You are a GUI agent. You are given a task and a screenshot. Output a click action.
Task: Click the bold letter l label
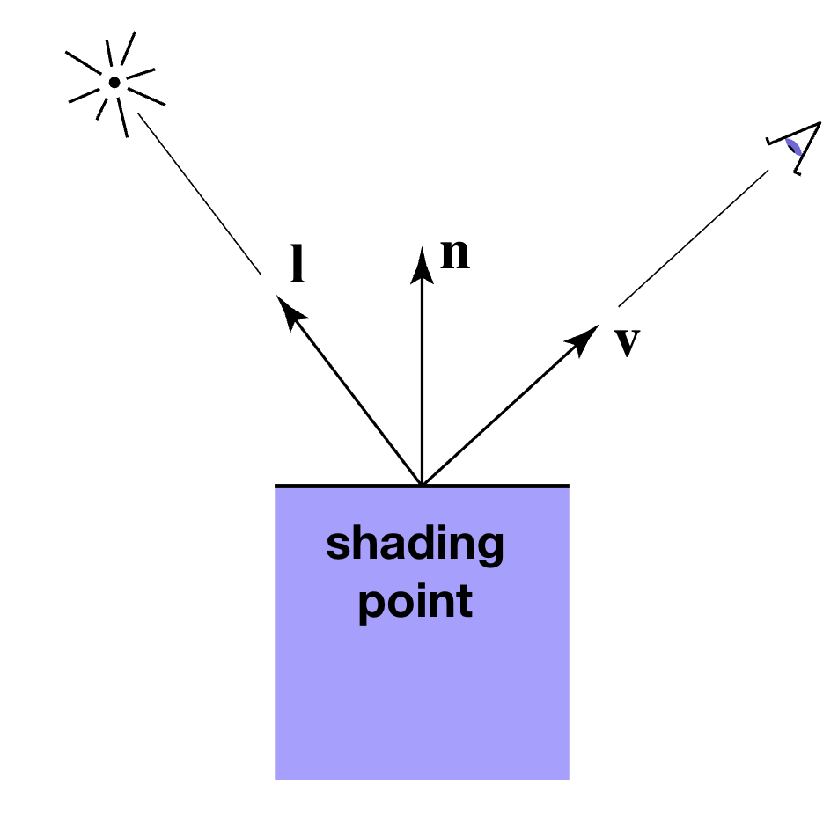pyautogui.click(x=298, y=265)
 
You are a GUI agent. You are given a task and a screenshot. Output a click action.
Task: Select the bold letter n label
pyautogui.click(x=455, y=253)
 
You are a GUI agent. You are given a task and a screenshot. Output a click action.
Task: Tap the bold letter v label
pyautogui.click(x=626, y=342)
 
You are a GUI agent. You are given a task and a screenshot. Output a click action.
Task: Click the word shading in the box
pyautogui.click(x=415, y=545)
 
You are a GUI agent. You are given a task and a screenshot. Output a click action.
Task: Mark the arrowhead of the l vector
pyautogui.click(x=286, y=307)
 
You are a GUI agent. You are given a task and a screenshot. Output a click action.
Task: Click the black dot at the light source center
pyautogui.click(x=114, y=83)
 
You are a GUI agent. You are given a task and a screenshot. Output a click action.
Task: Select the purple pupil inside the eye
pyautogui.click(x=795, y=147)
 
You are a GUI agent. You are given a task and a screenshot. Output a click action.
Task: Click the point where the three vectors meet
pyautogui.click(x=423, y=484)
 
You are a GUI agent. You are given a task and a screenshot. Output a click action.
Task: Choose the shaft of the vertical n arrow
pyautogui.click(x=423, y=378)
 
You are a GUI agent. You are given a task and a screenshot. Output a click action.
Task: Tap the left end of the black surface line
pyautogui.click(x=276, y=485)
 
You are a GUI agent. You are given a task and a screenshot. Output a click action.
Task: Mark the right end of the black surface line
pyautogui.click(x=568, y=485)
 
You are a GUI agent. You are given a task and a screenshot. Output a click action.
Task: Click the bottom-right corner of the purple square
pyautogui.click(x=568, y=779)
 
